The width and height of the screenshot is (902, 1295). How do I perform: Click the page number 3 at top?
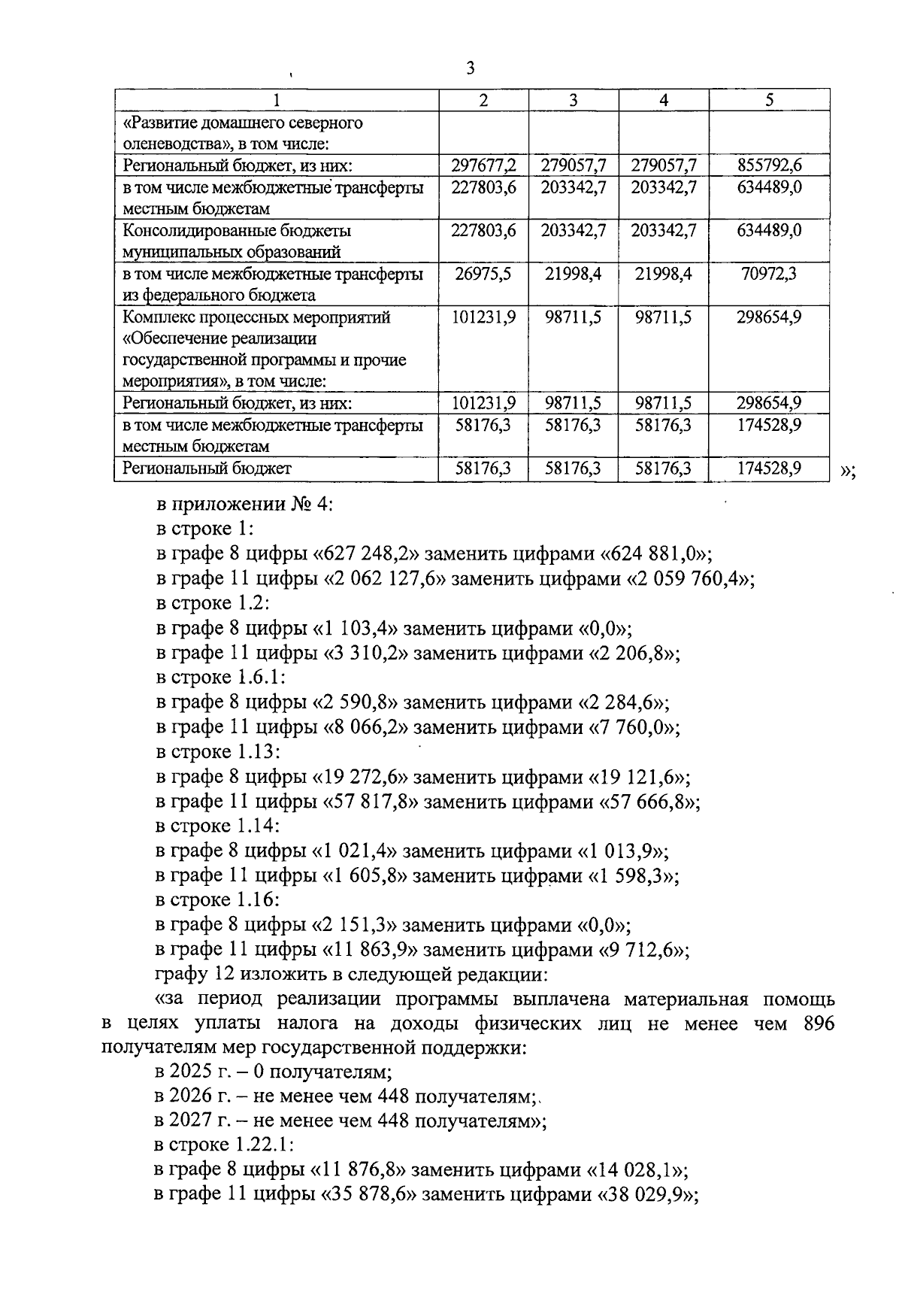coord(471,68)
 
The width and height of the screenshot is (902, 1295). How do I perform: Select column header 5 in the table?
coord(769,100)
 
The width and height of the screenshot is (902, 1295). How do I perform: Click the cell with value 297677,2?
coord(483,165)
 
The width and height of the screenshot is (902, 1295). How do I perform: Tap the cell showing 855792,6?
coord(769,165)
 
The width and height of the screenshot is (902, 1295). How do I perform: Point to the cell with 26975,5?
coord(483,274)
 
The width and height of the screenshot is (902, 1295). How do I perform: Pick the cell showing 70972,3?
coord(769,274)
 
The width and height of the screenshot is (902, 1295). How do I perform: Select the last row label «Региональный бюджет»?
coord(207,469)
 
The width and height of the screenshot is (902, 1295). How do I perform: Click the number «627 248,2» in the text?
coord(369,554)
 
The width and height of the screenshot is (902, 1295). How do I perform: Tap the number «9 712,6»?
coord(642,950)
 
